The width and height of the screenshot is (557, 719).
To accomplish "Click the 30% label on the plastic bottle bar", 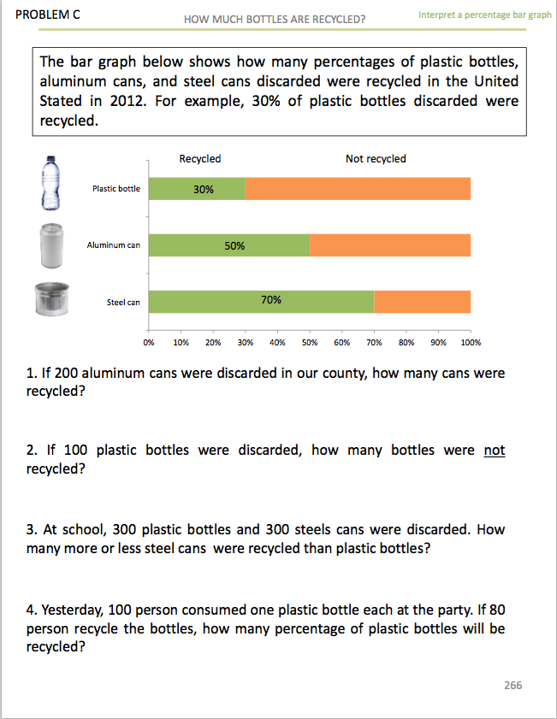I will (204, 189).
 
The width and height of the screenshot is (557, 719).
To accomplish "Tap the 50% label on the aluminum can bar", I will (234, 245).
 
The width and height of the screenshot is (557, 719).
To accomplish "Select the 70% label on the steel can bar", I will (271, 300).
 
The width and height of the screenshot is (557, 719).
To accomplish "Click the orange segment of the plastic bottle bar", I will (358, 189).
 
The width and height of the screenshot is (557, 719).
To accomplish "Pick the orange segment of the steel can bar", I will (422, 302).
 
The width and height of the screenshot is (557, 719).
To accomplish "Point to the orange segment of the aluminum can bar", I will (389, 245).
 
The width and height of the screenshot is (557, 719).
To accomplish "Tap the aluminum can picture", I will (51, 246).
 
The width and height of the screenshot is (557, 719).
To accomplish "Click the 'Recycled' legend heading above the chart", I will (200, 159).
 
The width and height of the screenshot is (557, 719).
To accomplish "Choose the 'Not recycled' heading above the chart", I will (376, 159).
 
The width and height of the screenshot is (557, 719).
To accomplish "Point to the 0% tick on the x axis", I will (149, 342).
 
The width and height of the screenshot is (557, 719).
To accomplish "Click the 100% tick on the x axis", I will (471, 342).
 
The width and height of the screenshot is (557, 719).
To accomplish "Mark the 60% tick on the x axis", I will (341, 342).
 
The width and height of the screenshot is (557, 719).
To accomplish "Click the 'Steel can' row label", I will (123, 303).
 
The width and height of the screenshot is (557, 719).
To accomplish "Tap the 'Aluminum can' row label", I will (113, 245).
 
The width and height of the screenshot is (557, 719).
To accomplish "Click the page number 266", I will (513, 686).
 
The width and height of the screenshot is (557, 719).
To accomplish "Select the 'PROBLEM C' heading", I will (42, 15).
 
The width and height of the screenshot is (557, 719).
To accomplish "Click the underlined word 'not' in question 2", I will (494, 450).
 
